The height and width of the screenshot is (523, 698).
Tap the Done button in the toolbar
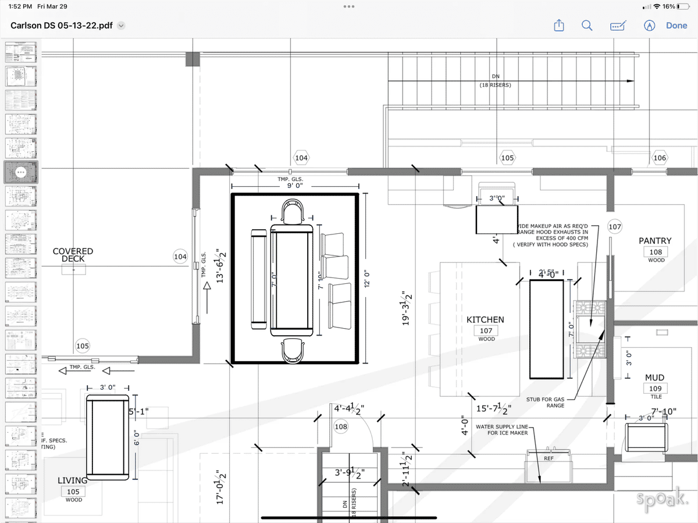point(676,26)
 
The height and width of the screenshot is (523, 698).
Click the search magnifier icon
point(587,26)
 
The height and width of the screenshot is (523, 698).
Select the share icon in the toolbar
point(558,26)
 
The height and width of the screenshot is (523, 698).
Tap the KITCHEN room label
point(485,319)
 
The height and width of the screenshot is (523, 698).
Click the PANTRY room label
point(655,241)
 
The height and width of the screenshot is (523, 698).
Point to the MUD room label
point(654,378)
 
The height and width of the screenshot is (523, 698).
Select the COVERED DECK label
point(73,255)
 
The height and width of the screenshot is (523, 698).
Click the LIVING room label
point(73,481)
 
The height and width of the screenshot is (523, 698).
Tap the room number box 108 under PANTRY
point(656,252)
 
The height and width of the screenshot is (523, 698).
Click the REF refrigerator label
point(549,458)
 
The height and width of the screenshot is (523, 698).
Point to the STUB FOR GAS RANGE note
point(545,402)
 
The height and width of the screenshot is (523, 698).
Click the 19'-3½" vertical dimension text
point(407,308)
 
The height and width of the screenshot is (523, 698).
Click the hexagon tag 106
point(660,158)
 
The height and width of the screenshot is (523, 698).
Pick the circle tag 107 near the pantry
point(615,226)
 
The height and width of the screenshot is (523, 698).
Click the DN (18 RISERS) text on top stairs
point(494,80)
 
